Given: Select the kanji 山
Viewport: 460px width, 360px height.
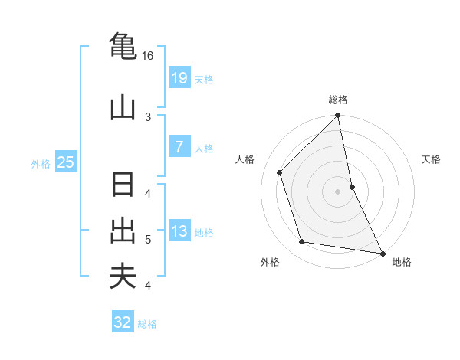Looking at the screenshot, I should click(x=123, y=108).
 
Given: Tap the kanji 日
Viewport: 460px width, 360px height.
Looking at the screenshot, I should click(x=123, y=186).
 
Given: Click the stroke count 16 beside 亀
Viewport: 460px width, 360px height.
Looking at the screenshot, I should click(x=148, y=56).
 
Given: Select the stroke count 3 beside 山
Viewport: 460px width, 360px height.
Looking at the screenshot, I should click(x=148, y=116).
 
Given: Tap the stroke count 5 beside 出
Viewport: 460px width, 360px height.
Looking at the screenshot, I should click(x=148, y=240).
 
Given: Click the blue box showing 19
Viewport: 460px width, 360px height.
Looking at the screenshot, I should click(x=179, y=77).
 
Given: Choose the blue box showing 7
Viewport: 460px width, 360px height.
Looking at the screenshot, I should click(x=179, y=146).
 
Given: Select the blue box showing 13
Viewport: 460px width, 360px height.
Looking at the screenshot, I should click(x=179, y=231).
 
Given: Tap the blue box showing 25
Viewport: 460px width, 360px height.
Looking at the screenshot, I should click(x=65, y=162).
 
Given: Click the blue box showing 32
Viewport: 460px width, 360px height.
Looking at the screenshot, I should click(x=123, y=322).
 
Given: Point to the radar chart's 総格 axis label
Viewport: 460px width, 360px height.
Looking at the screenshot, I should click(x=338, y=100).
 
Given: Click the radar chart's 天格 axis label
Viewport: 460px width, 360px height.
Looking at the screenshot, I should click(x=431, y=159).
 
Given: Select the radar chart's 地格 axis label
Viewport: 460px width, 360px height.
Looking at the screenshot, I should click(x=402, y=262).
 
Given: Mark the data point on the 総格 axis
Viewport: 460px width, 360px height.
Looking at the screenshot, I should click(x=338, y=116).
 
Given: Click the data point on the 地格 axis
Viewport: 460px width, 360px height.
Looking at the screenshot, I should click(x=382, y=252).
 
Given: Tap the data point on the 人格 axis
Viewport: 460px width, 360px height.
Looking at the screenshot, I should click(x=280, y=172).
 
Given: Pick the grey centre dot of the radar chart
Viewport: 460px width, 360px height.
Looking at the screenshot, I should click(x=338, y=191).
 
